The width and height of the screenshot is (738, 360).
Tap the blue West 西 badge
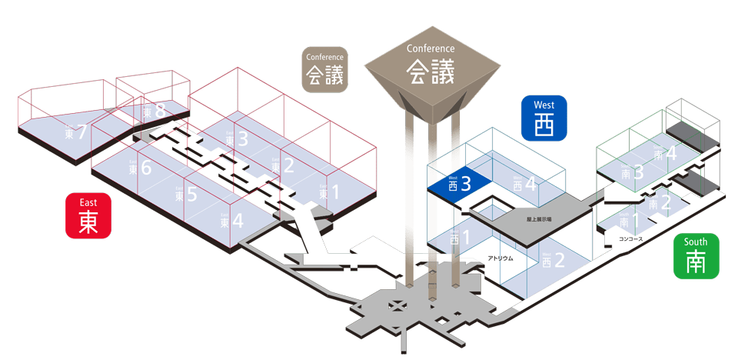544,118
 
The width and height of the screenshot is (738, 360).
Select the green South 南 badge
696,256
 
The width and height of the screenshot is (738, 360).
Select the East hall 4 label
231,221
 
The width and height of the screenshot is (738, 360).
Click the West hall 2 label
552,260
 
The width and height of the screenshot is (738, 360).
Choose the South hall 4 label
665,153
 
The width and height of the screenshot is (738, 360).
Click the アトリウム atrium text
500,259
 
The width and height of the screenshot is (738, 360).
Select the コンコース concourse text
630,239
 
